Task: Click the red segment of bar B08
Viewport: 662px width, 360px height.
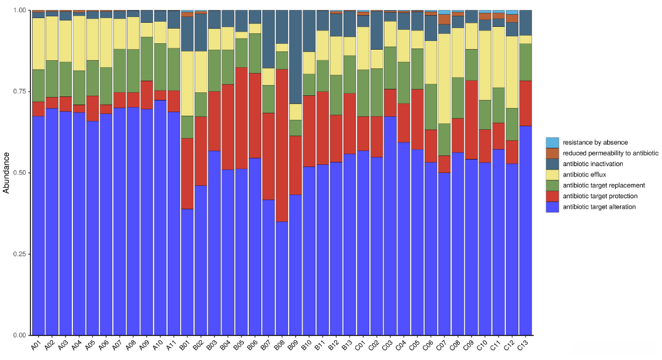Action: [x=282, y=146]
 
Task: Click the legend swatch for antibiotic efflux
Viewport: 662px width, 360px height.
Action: [x=552, y=175]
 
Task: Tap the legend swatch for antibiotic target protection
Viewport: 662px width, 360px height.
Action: [x=552, y=196]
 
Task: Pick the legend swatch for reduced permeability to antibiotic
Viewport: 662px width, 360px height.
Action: [x=552, y=153]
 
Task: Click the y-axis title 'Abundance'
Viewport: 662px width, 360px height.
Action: [x=6, y=172]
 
